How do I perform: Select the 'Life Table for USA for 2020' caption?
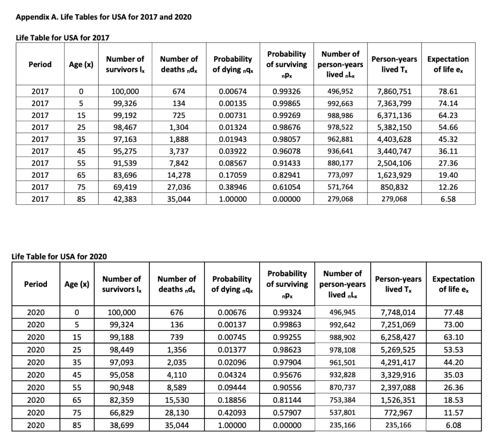coord(58,256)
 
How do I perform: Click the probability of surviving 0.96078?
coord(288,151)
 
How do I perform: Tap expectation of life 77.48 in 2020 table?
coord(453,312)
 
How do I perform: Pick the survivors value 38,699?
coord(122,425)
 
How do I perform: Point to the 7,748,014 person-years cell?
coord(397,312)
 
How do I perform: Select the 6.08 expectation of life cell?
coord(453,425)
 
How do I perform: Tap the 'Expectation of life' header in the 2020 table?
coord(453,284)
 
